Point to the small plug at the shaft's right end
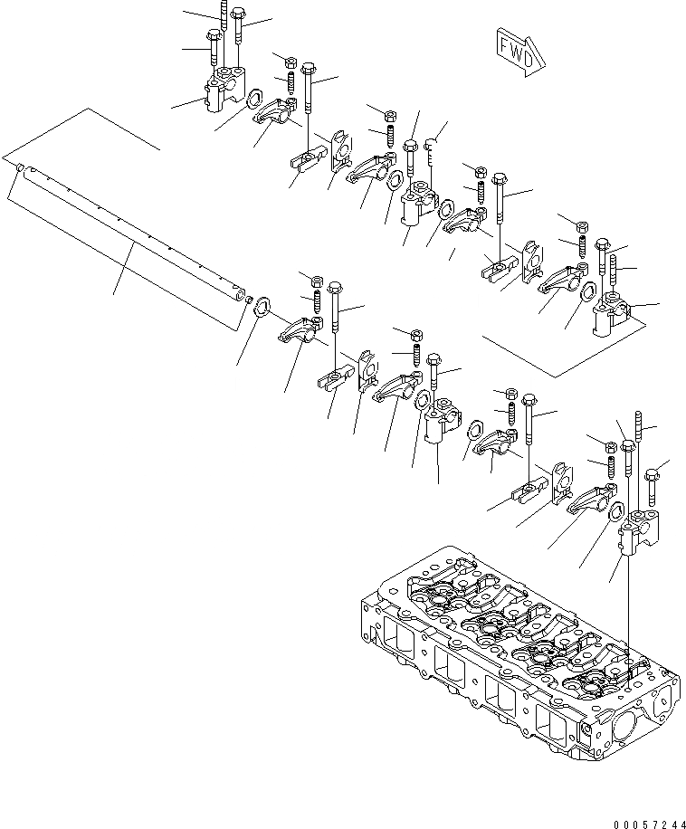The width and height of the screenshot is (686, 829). click(245, 297)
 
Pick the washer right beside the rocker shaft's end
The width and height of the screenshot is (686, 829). click(261, 306)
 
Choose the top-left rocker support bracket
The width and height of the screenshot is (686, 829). click(224, 93)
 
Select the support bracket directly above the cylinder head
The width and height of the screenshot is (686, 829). click(634, 535)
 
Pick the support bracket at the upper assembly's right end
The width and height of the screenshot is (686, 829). click(609, 318)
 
